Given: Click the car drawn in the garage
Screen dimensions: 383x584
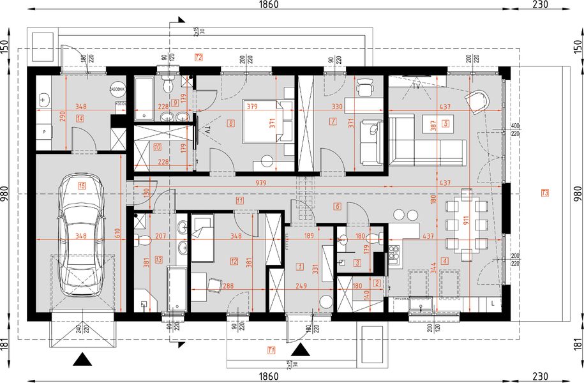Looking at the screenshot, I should tap(80, 232).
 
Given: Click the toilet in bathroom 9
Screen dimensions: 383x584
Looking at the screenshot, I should tap(167, 84).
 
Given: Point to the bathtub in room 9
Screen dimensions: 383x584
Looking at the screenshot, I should tap(145, 98).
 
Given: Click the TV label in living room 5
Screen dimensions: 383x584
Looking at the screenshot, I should tap(416, 82).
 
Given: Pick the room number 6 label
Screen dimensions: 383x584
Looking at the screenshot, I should tap(337, 206).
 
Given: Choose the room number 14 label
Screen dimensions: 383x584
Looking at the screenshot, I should tap(80, 118).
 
